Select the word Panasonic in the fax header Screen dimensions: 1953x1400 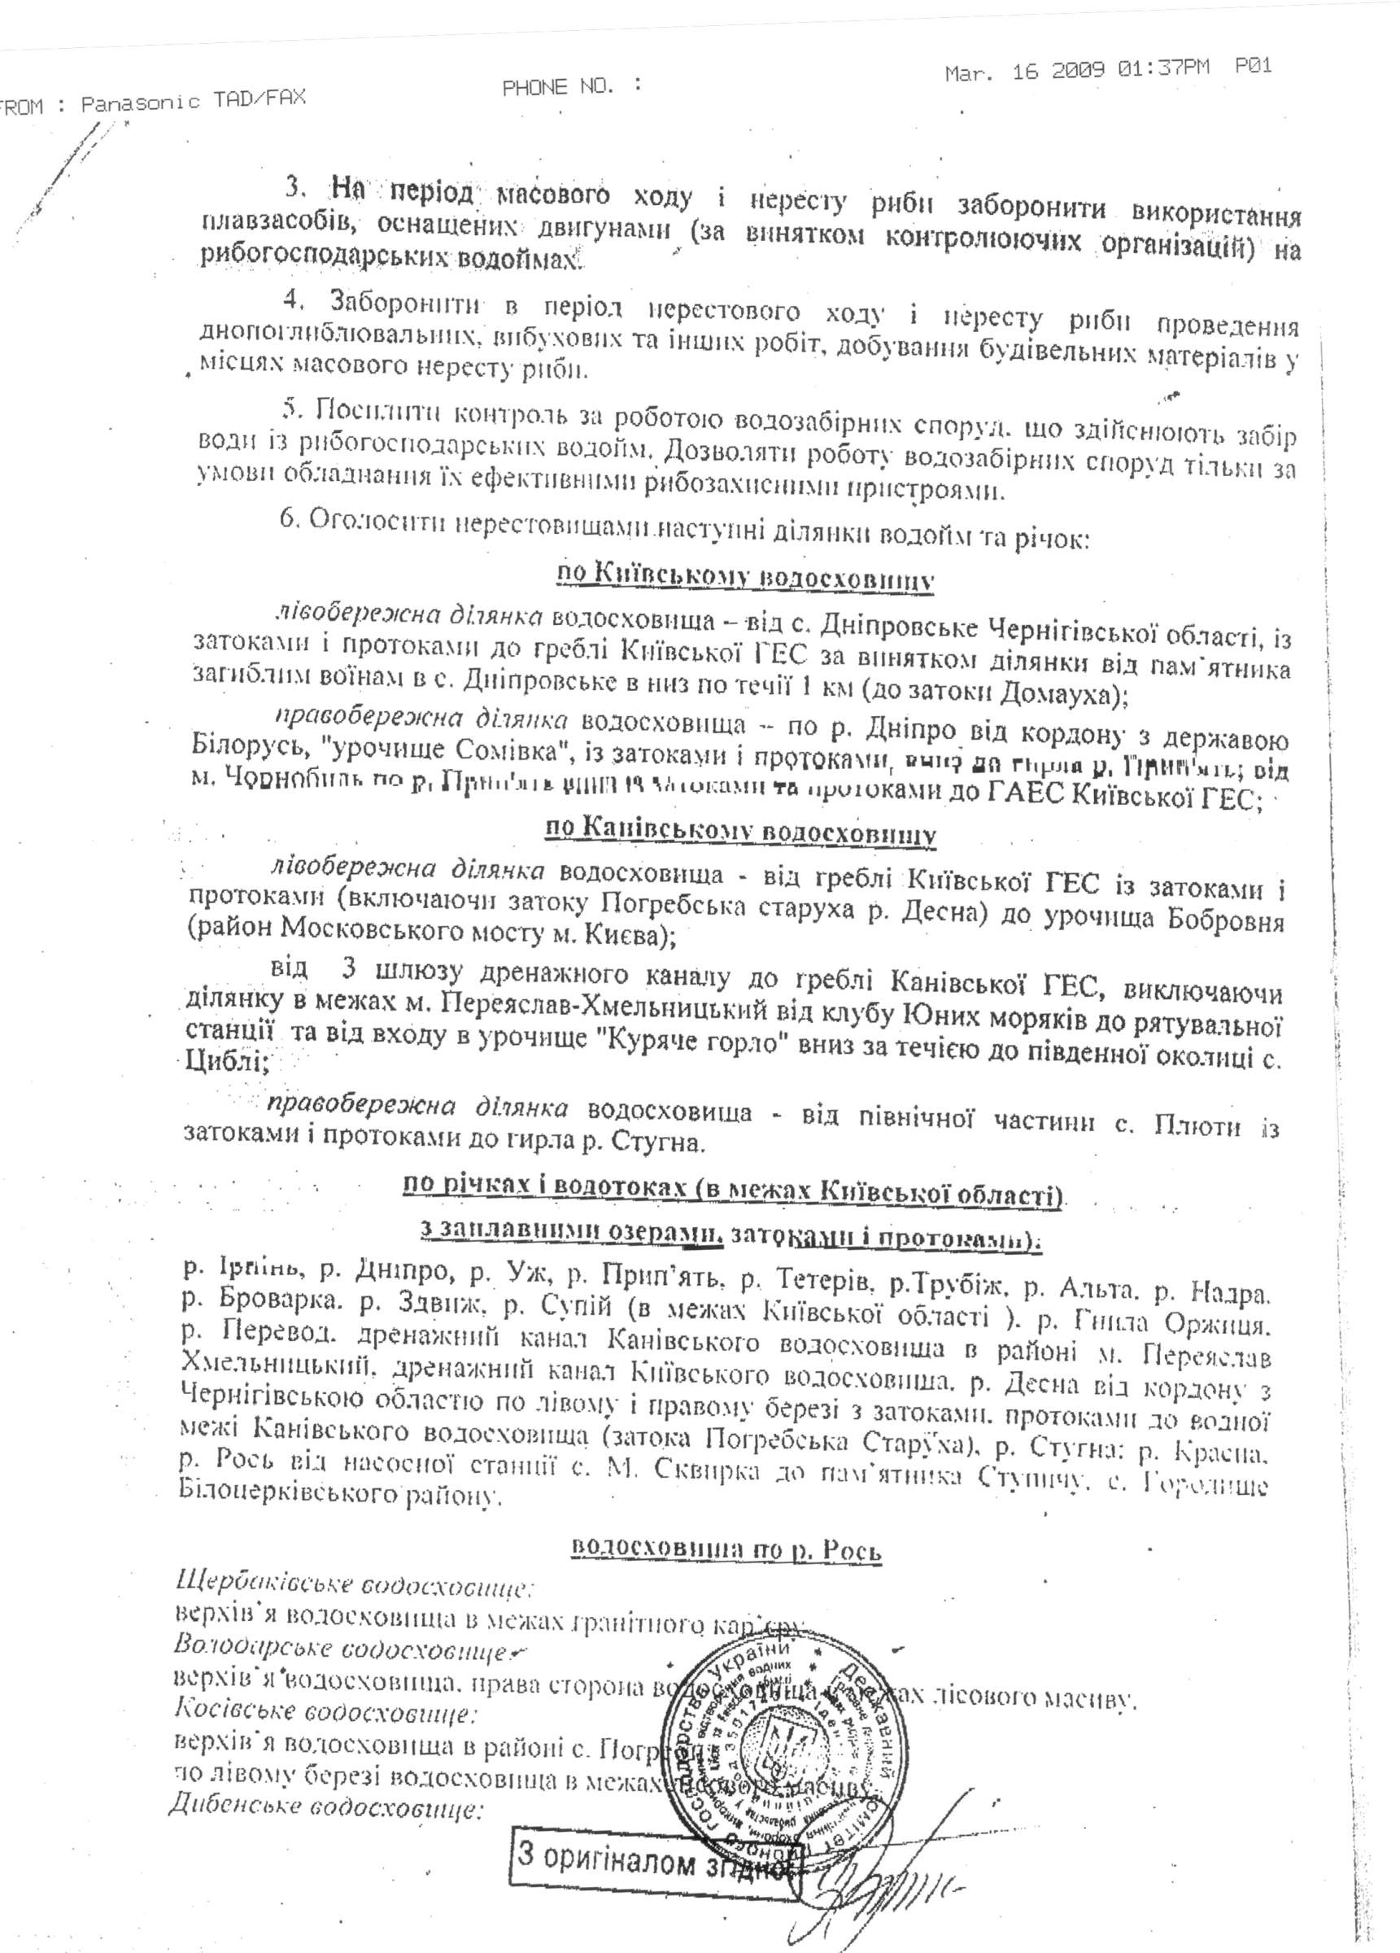139,103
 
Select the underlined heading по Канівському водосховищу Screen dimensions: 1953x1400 739,832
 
